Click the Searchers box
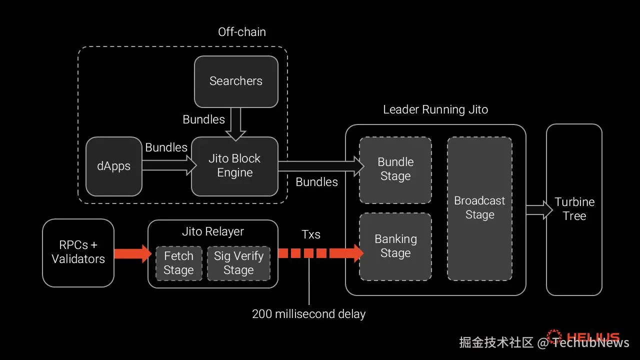point(236,81)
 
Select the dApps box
point(114,166)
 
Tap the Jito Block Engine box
point(234,166)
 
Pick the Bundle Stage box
point(395,169)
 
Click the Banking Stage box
point(395,246)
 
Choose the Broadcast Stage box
point(479,208)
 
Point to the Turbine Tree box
point(574,209)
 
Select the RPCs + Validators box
point(78,252)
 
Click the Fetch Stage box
point(178,263)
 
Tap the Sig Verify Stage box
point(238,263)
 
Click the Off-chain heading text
point(242,32)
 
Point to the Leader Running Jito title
point(435,110)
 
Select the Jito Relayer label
point(213,231)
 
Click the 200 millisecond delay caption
point(308,314)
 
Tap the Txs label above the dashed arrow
point(311,234)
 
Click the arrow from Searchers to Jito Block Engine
point(235,124)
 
